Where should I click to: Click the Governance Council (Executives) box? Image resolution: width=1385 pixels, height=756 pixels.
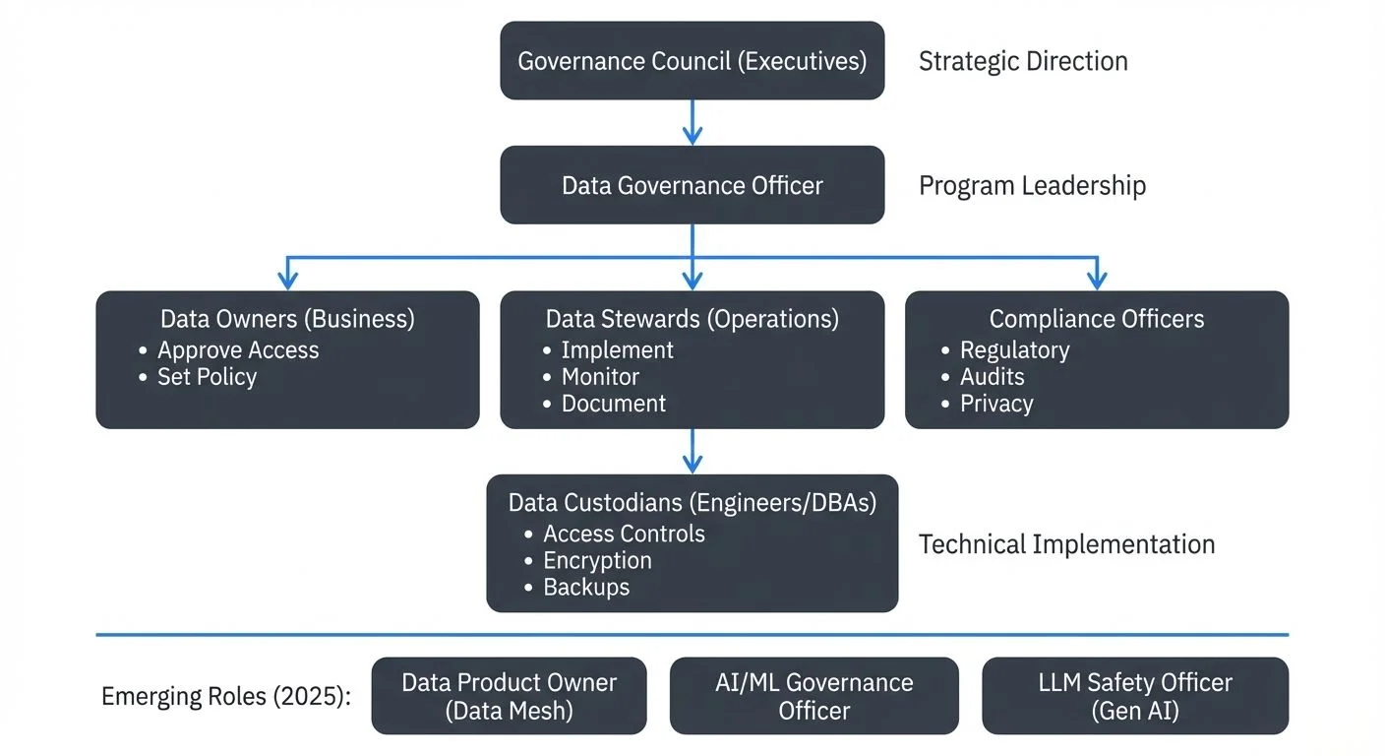coord(692,61)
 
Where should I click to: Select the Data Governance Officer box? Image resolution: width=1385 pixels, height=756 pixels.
coord(692,185)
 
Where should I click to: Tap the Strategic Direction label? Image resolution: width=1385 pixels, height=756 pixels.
coord(1023,61)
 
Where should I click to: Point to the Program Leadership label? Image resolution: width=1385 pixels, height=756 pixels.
coord(1032,185)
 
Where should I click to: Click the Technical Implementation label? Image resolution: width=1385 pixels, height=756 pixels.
coord(1066,544)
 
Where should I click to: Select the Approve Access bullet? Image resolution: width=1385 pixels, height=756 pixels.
coord(238,350)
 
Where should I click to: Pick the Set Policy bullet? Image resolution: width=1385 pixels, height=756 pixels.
coord(207,377)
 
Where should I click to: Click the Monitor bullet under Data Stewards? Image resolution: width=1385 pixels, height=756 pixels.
coord(600,377)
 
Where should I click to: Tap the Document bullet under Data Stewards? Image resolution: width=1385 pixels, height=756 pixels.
coord(613,404)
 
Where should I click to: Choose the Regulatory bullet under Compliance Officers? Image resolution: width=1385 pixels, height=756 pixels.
coord(1014,350)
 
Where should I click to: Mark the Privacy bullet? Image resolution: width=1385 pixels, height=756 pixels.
coord(996,404)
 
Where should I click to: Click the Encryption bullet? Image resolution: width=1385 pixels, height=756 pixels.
coord(597,560)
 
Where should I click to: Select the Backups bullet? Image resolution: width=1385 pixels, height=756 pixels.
coord(586,587)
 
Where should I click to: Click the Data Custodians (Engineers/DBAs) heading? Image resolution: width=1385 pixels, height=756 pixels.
coord(692,503)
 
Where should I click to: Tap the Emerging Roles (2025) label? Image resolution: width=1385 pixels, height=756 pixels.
coord(225,697)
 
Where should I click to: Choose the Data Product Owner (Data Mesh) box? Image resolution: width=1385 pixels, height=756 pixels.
coord(509,696)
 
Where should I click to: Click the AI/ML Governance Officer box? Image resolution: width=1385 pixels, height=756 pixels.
coord(813,696)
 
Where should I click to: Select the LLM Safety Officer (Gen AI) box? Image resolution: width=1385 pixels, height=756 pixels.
coord(1134,696)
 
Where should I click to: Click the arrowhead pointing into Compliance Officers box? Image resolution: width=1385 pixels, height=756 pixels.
coord(1096,281)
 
